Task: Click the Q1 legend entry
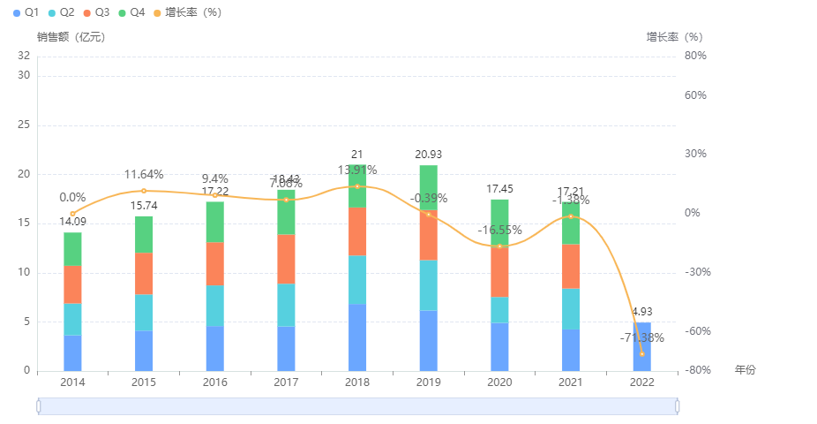point(26,12)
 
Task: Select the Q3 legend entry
point(97,12)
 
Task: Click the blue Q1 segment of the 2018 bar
point(357,337)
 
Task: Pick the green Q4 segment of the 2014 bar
point(72,249)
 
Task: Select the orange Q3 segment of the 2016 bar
point(215,263)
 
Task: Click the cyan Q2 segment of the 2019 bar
point(429,285)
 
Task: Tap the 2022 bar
point(642,346)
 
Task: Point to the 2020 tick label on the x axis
point(499,382)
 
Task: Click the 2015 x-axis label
point(144,382)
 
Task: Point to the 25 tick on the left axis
point(24,125)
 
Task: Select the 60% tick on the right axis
point(695,95)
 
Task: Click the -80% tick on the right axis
point(697,370)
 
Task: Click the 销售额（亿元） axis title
point(71,37)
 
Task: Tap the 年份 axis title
point(746,370)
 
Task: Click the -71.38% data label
point(641,337)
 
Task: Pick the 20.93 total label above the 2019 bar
point(429,155)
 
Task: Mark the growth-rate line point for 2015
point(144,191)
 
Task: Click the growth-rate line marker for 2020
point(500,246)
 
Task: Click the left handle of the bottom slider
point(38,405)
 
